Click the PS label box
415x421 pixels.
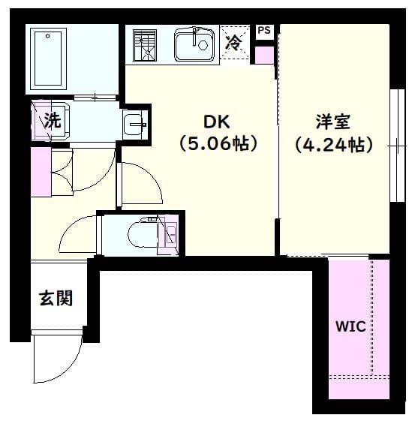263,31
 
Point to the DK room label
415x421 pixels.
217,121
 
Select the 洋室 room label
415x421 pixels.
333,121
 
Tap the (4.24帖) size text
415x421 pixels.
333,143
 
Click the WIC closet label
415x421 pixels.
350,326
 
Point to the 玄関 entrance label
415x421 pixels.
56,299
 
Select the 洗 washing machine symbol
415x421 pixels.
51,119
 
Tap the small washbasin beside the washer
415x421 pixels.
136,123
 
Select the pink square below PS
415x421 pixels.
264,56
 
